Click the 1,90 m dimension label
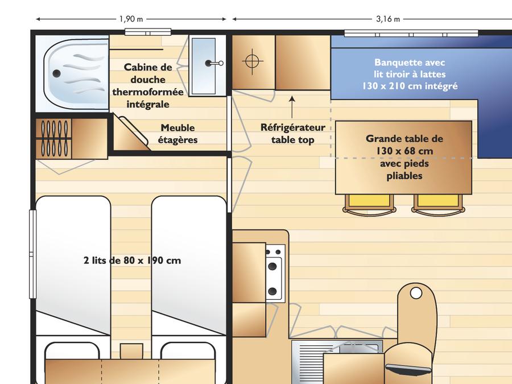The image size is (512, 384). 131,19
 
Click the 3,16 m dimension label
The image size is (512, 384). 388,19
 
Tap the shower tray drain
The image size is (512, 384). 56,73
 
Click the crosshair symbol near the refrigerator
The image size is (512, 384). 252,61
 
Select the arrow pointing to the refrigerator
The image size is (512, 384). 292,107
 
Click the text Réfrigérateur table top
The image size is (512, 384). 293,134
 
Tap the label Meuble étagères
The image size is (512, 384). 177,134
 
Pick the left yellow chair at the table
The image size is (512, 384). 369,204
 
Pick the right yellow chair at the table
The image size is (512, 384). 439,204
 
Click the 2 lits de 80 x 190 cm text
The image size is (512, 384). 132,260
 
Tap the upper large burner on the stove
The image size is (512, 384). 272,266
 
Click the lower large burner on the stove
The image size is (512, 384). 272,291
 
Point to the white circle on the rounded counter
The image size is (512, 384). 416,293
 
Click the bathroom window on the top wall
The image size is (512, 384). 148,32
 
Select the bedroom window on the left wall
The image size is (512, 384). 32,254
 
